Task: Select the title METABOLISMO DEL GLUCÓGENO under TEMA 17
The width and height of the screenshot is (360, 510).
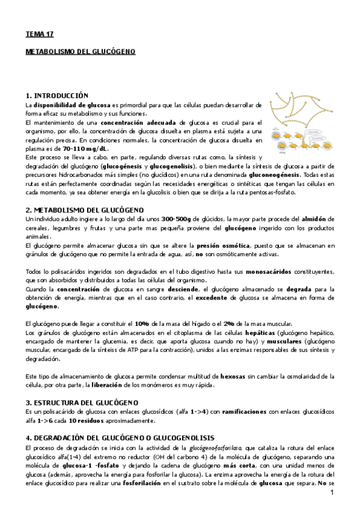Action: pyautogui.click(x=81, y=52)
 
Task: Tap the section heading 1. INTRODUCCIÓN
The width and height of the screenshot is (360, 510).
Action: pyautogui.click(x=57, y=96)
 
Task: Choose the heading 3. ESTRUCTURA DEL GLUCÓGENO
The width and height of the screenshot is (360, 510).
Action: pyautogui.click(x=82, y=402)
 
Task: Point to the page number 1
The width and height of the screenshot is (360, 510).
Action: pyautogui.click(x=331, y=493)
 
